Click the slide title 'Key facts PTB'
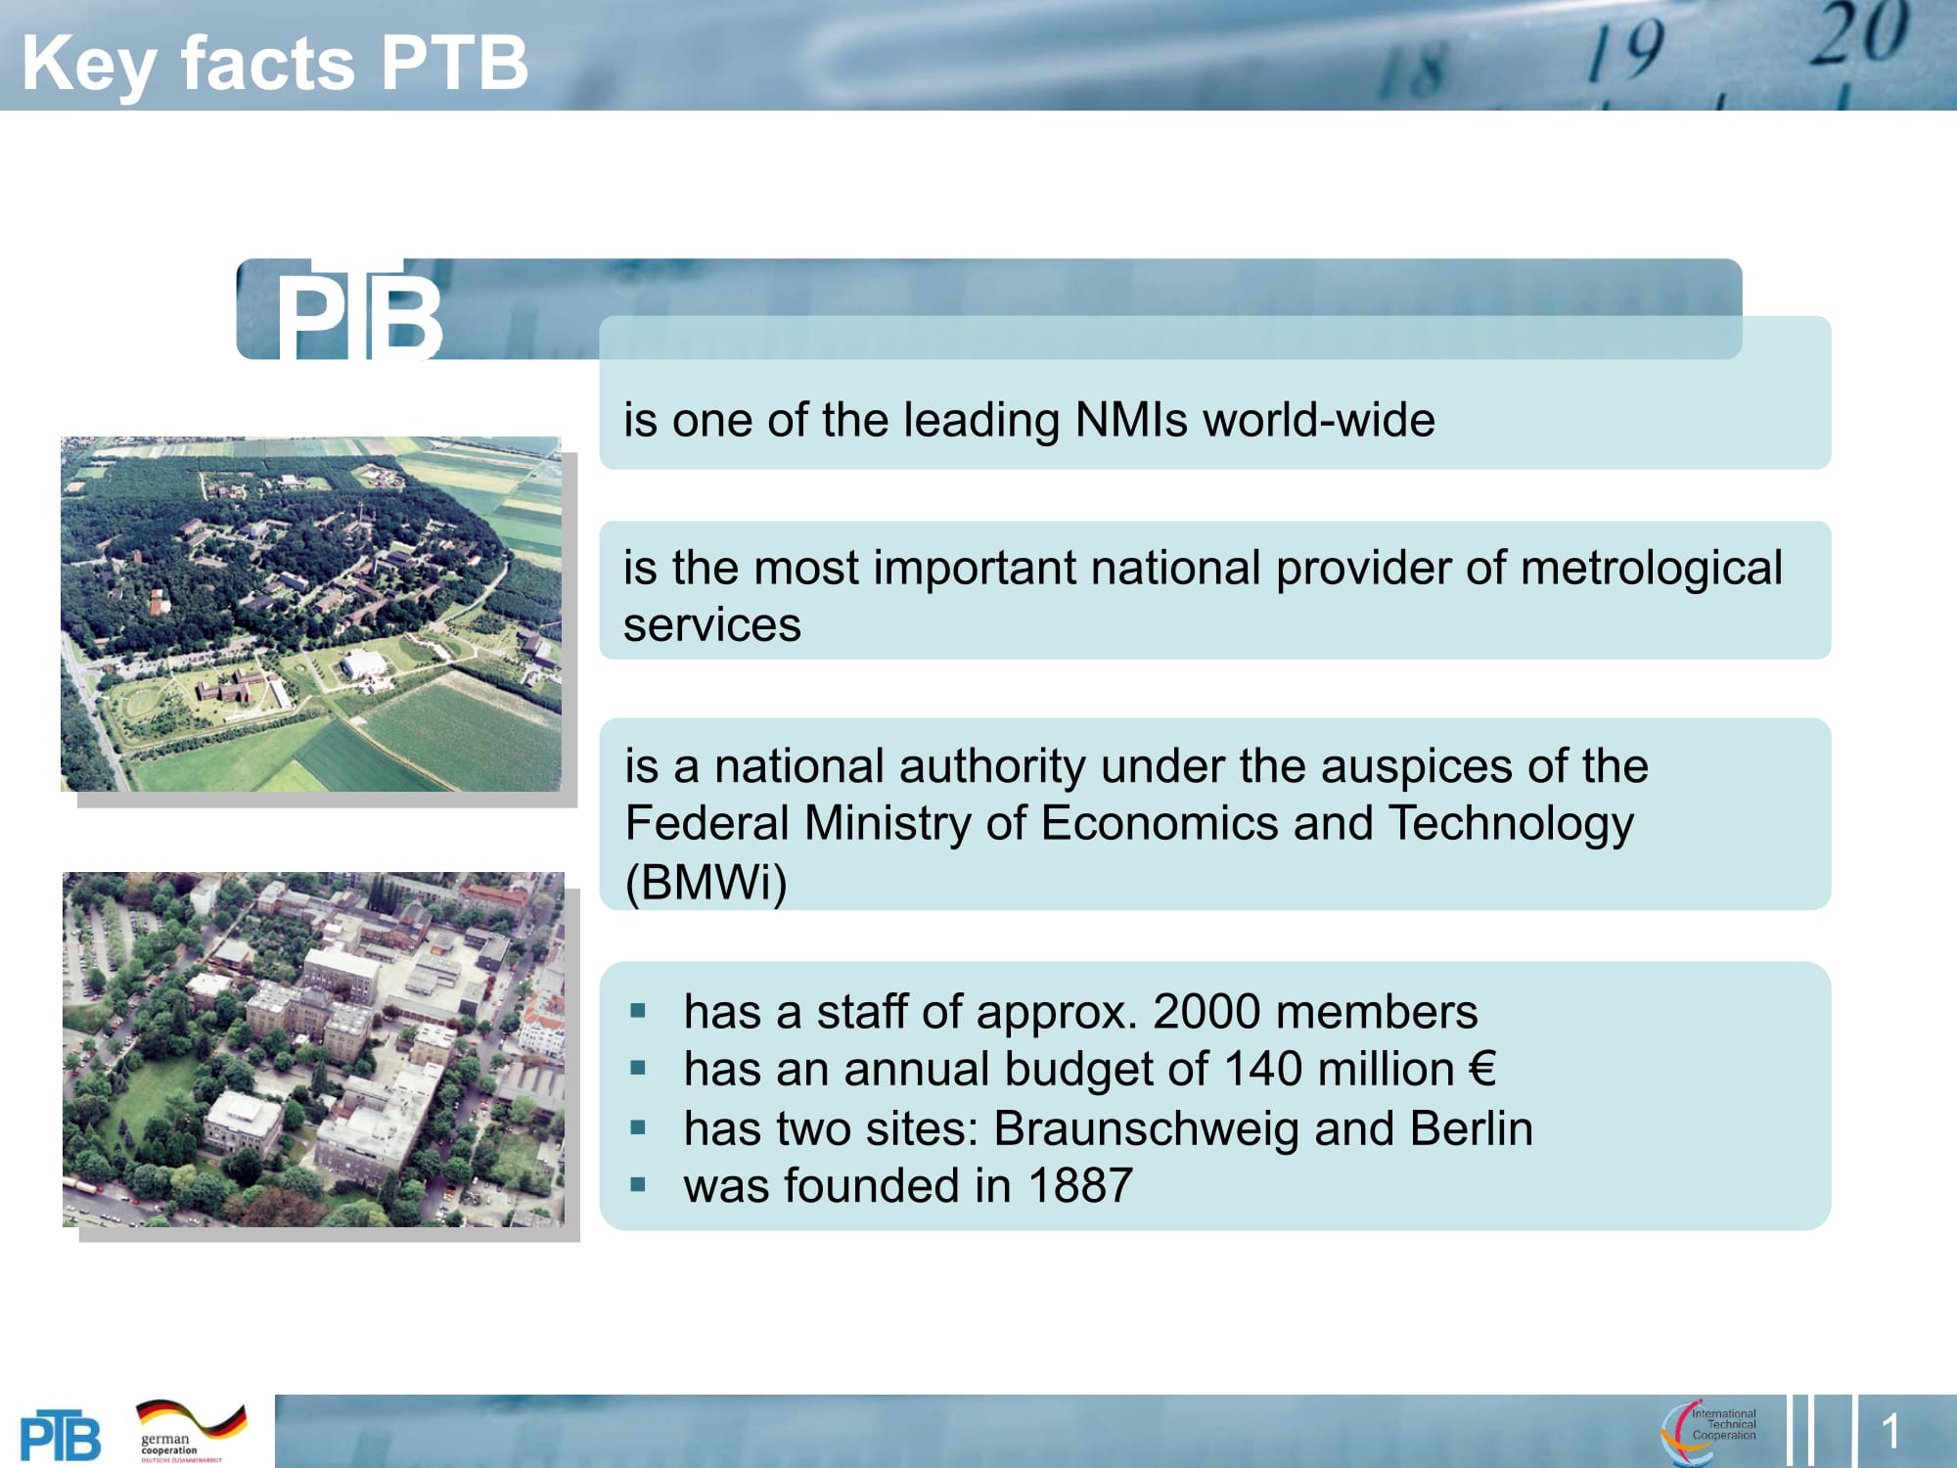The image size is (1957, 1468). (x=274, y=63)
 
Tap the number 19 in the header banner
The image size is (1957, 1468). (x=1625, y=51)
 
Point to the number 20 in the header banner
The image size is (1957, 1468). (x=1858, y=35)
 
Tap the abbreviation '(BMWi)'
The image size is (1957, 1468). (x=705, y=882)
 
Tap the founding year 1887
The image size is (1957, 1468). (x=1080, y=1186)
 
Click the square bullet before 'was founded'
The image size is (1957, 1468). (x=639, y=1186)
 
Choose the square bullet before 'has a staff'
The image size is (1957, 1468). (x=639, y=1012)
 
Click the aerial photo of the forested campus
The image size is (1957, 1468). (x=311, y=614)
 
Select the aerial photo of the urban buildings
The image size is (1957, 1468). (x=313, y=1049)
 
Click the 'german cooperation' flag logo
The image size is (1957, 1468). (x=190, y=1430)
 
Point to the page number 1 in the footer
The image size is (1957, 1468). (x=1889, y=1432)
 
